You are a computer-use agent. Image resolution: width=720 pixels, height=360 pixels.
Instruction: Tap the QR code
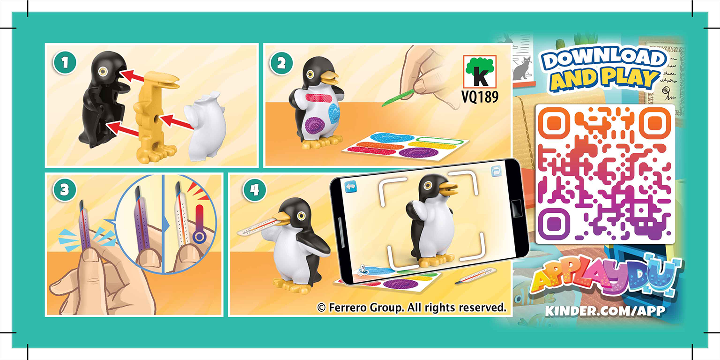pos(605,174)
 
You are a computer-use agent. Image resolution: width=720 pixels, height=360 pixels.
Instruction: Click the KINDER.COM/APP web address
pos(605,311)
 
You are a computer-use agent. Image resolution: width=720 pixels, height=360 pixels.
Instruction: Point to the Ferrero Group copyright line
pos(412,307)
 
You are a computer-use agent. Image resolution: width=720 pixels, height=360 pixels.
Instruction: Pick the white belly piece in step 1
pos(206,125)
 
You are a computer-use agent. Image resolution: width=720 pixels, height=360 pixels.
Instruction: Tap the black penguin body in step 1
pos(102,98)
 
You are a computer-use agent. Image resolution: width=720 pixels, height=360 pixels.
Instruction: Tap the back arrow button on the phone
pos(350,186)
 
